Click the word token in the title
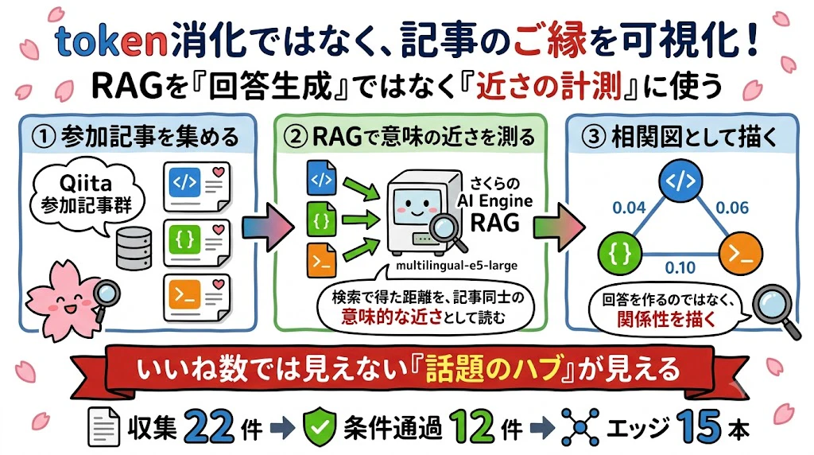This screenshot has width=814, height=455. [110, 41]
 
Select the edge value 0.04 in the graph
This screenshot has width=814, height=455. [629, 208]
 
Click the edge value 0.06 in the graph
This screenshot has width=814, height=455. [732, 208]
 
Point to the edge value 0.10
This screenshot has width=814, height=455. [680, 267]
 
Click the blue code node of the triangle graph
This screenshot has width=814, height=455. [680, 181]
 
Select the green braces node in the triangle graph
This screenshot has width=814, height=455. [620, 254]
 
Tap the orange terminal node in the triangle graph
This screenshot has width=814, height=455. [741, 254]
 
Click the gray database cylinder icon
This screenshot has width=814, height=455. [134, 247]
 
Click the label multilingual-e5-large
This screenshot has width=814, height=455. [456, 266]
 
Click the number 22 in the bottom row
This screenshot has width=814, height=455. [209, 427]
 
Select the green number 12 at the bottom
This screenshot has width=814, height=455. [472, 427]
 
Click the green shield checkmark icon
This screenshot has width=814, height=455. [319, 427]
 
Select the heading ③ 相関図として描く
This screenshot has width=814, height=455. [681, 136]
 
